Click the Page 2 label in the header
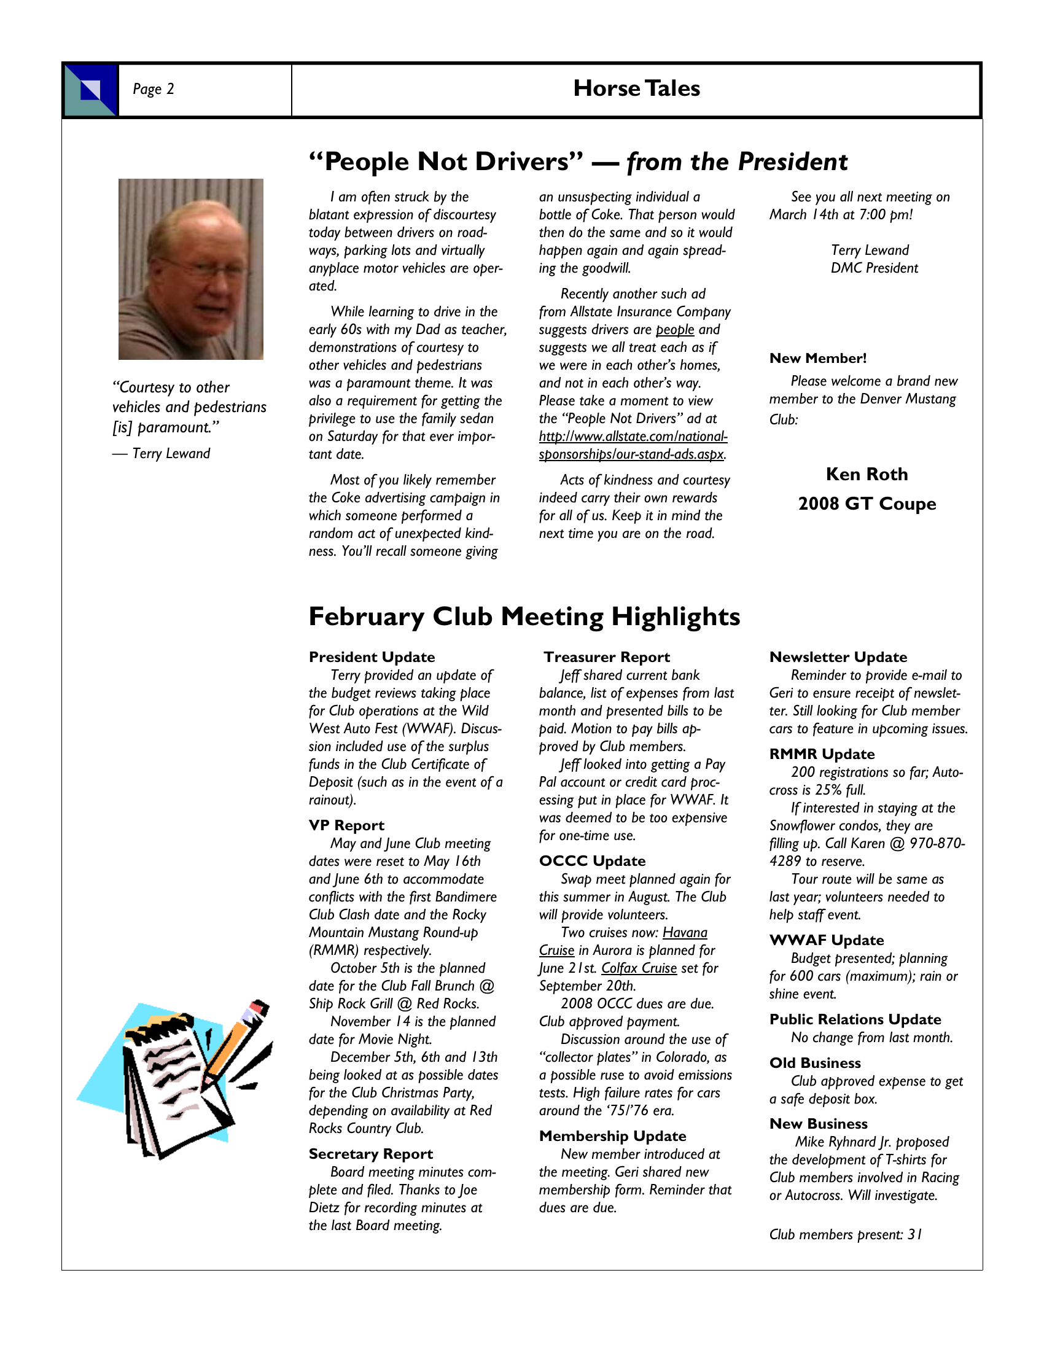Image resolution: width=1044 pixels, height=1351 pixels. coord(154,89)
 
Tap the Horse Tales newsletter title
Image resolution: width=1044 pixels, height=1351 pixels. coord(636,88)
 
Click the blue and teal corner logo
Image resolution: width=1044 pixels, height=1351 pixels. coord(90,90)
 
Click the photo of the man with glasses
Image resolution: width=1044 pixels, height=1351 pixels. coord(190,269)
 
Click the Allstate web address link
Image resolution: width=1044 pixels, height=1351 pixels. coord(632,445)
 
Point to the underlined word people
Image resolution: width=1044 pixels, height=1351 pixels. coord(675,330)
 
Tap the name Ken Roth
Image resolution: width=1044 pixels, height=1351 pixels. coord(867,475)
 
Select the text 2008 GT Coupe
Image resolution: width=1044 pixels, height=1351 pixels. coord(867,504)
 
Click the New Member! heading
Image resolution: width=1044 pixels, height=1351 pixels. coord(817,358)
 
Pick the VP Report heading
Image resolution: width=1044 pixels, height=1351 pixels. coord(346,825)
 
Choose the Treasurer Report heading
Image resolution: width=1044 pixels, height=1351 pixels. coord(606,657)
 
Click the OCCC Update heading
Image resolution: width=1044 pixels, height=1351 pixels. coord(592,861)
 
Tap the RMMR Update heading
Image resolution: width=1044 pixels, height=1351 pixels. coord(821,754)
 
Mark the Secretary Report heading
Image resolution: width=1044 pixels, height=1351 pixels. coord(370,1154)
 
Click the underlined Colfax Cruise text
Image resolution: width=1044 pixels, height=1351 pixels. coord(639,968)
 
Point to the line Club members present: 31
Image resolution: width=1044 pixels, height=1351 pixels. coord(846,1235)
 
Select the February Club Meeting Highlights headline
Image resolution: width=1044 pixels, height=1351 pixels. coord(524,617)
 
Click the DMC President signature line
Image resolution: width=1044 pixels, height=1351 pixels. coord(874,268)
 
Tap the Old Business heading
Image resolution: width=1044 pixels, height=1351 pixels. coord(814,1063)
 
